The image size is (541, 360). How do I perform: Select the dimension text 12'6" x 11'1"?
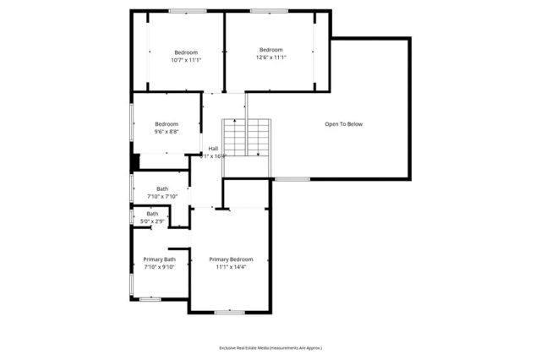(x=271, y=57)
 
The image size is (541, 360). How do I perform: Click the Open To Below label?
(x=343, y=124)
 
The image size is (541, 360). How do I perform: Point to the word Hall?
(x=213, y=148)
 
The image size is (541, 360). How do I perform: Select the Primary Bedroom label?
(x=231, y=259)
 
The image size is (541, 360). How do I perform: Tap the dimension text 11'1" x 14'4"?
(x=231, y=268)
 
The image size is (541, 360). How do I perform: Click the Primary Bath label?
(x=159, y=259)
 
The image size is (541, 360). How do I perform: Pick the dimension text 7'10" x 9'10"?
(x=159, y=268)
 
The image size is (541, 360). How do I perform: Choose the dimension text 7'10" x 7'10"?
(x=162, y=196)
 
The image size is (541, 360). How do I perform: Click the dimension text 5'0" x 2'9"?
(x=152, y=221)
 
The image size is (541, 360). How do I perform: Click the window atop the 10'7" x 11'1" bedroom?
(x=187, y=11)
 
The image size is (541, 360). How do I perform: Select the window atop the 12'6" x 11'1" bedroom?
(x=269, y=11)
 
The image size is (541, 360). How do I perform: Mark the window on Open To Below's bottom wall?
(x=292, y=179)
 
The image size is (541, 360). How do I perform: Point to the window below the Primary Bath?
(x=150, y=298)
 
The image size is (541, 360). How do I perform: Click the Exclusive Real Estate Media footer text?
(x=270, y=347)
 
